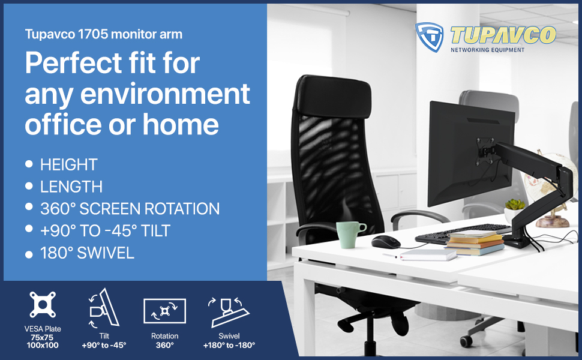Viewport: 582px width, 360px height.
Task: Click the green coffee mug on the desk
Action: (x=350, y=235)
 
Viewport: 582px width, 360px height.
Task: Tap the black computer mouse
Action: (x=386, y=242)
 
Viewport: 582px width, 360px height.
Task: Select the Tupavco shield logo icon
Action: (x=430, y=37)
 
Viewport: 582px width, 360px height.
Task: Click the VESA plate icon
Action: (x=43, y=305)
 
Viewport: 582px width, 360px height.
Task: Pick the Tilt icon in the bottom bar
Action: (x=104, y=307)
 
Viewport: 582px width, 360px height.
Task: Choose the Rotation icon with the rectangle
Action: (x=165, y=311)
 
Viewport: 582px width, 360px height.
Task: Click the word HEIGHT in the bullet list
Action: (x=69, y=164)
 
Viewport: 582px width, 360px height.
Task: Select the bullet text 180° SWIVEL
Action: (x=87, y=253)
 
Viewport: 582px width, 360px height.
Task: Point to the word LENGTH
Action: (x=71, y=187)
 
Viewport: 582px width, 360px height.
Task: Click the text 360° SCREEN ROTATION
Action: (x=130, y=209)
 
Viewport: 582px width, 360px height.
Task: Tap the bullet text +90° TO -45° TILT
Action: (x=105, y=231)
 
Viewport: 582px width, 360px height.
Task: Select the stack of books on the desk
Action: (x=475, y=243)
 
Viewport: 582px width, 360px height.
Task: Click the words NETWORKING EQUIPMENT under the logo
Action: (x=487, y=50)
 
